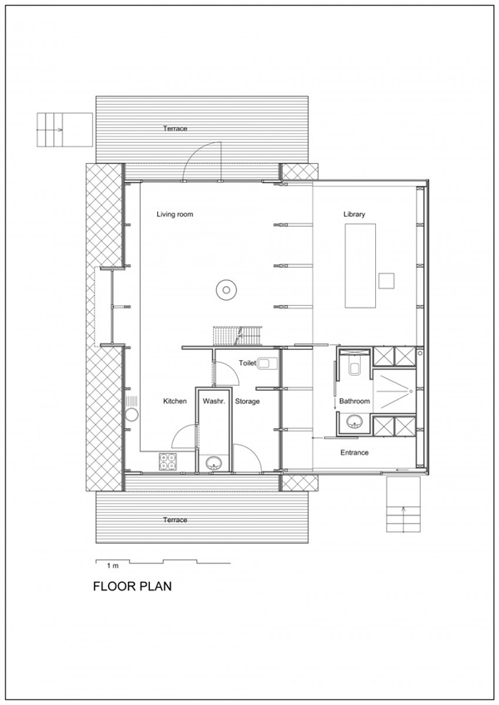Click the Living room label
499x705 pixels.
[x=175, y=214]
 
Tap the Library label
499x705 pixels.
[x=354, y=214]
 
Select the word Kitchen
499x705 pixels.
[x=175, y=401]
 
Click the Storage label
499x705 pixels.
[x=247, y=401]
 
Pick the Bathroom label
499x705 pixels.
[x=354, y=401]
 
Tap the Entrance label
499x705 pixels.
[x=354, y=453]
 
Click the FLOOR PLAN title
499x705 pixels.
[x=132, y=586]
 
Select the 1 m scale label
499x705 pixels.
[x=112, y=565]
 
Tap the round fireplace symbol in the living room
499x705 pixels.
[x=226, y=289]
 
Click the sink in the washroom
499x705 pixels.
[x=213, y=463]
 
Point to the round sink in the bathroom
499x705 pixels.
[x=355, y=422]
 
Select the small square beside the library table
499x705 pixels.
[x=387, y=280]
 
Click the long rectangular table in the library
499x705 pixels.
[x=360, y=266]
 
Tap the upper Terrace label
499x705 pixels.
[x=175, y=129]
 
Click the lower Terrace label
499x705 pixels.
[x=175, y=520]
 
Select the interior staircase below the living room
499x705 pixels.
[x=237, y=336]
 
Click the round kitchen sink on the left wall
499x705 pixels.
[x=132, y=415]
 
